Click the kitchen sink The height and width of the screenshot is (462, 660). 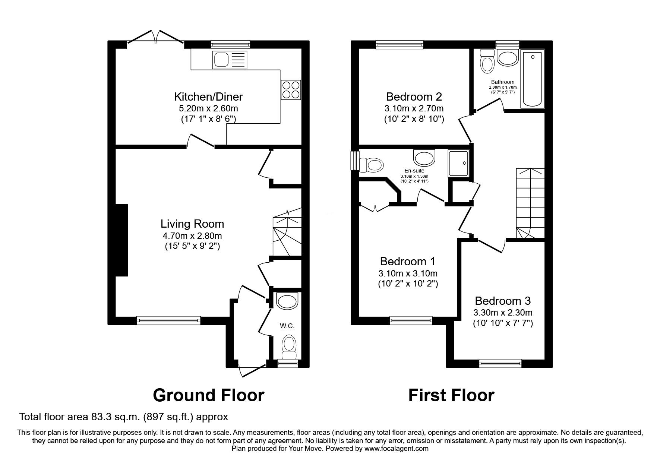(230, 60)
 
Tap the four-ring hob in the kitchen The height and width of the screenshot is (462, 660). (291, 90)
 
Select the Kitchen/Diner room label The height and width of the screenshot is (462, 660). (208, 97)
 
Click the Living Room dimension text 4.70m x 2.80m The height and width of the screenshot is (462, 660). (192, 235)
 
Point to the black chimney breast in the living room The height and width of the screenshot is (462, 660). (122, 240)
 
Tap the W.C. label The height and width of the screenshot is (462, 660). (287, 326)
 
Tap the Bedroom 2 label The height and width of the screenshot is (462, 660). (414, 97)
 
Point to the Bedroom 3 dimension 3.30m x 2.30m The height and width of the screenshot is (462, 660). (503, 313)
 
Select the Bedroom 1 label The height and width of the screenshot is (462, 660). (408, 261)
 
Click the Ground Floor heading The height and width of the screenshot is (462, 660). (209, 395)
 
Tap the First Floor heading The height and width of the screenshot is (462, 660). (451, 395)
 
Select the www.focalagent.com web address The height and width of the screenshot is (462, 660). (397, 449)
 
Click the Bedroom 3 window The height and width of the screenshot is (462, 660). (500, 363)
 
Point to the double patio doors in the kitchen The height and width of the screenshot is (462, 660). (156, 38)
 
